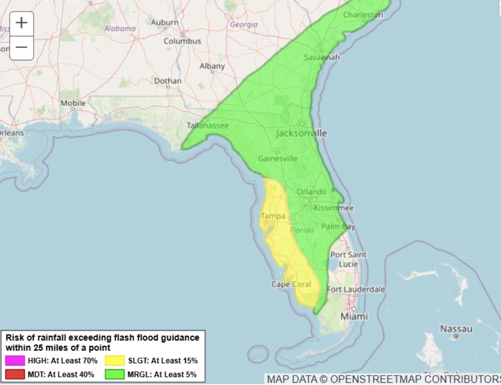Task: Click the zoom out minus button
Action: pyautogui.click(x=21, y=47)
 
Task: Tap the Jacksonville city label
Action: pyautogui.click(x=301, y=133)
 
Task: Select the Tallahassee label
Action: pyautogui.click(x=208, y=125)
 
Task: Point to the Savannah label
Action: pyautogui.click(x=322, y=57)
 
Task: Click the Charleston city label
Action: pyautogui.click(x=363, y=15)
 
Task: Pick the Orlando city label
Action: pyautogui.click(x=312, y=192)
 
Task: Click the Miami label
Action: pyautogui.click(x=354, y=316)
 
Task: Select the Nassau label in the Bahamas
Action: pyautogui.click(x=456, y=329)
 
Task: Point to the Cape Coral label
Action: pyautogui.click(x=291, y=284)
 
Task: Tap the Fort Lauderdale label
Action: pyautogui.click(x=356, y=289)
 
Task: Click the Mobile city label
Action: pyautogui.click(x=73, y=103)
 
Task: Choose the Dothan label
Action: pyautogui.click(x=168, y=81)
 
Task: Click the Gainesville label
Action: pyautogui.click(x=278, y=158)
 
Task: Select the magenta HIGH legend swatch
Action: pyautogui.click(x=15, y=361)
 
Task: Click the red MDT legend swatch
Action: pyautogui.click(x=15, y=374)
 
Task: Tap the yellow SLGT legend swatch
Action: pyautogui.click(x=115, y=361)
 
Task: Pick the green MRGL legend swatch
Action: pyautogui.click(x=115, y=374)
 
